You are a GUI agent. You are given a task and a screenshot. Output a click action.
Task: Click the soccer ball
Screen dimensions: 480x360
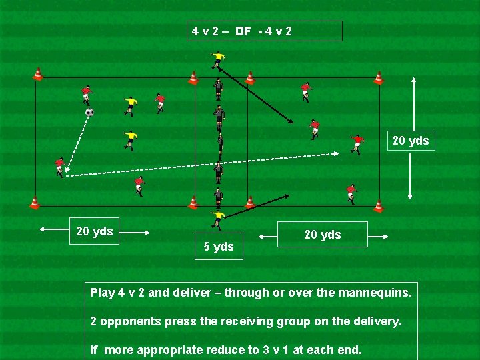tap(89, 112)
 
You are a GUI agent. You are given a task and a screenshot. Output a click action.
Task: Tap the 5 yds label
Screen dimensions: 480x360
tap(219, 247)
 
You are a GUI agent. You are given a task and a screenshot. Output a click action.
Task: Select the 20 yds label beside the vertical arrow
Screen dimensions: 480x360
tap(411, 141)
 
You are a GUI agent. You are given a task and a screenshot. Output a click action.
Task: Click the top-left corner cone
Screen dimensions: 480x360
tap(38, 74)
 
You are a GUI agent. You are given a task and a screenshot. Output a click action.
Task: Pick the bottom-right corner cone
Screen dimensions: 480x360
tap(379, 205)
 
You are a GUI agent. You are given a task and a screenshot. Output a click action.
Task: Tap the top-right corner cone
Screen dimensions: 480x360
tap(379, 78)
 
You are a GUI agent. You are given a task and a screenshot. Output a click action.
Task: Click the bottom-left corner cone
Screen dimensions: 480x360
tap(35, 203)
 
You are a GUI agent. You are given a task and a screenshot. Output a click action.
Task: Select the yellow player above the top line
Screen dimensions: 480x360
tap(217, 59)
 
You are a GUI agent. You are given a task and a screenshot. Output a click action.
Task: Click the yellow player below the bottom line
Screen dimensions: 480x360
tap(218, 219)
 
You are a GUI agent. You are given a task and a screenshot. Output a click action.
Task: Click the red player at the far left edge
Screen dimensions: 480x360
tap(59, 166)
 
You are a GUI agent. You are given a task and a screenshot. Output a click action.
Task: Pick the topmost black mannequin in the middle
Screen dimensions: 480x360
tap(219, 87)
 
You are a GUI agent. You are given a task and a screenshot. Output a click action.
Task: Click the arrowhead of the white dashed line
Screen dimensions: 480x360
tap(337, 154)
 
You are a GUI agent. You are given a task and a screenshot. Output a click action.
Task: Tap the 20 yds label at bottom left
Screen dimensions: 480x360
tap(94, 231)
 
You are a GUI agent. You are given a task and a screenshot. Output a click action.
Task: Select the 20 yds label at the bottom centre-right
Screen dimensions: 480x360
tap(322, 235)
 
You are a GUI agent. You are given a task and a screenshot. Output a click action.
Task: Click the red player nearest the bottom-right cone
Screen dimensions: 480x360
tap(351, 192)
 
